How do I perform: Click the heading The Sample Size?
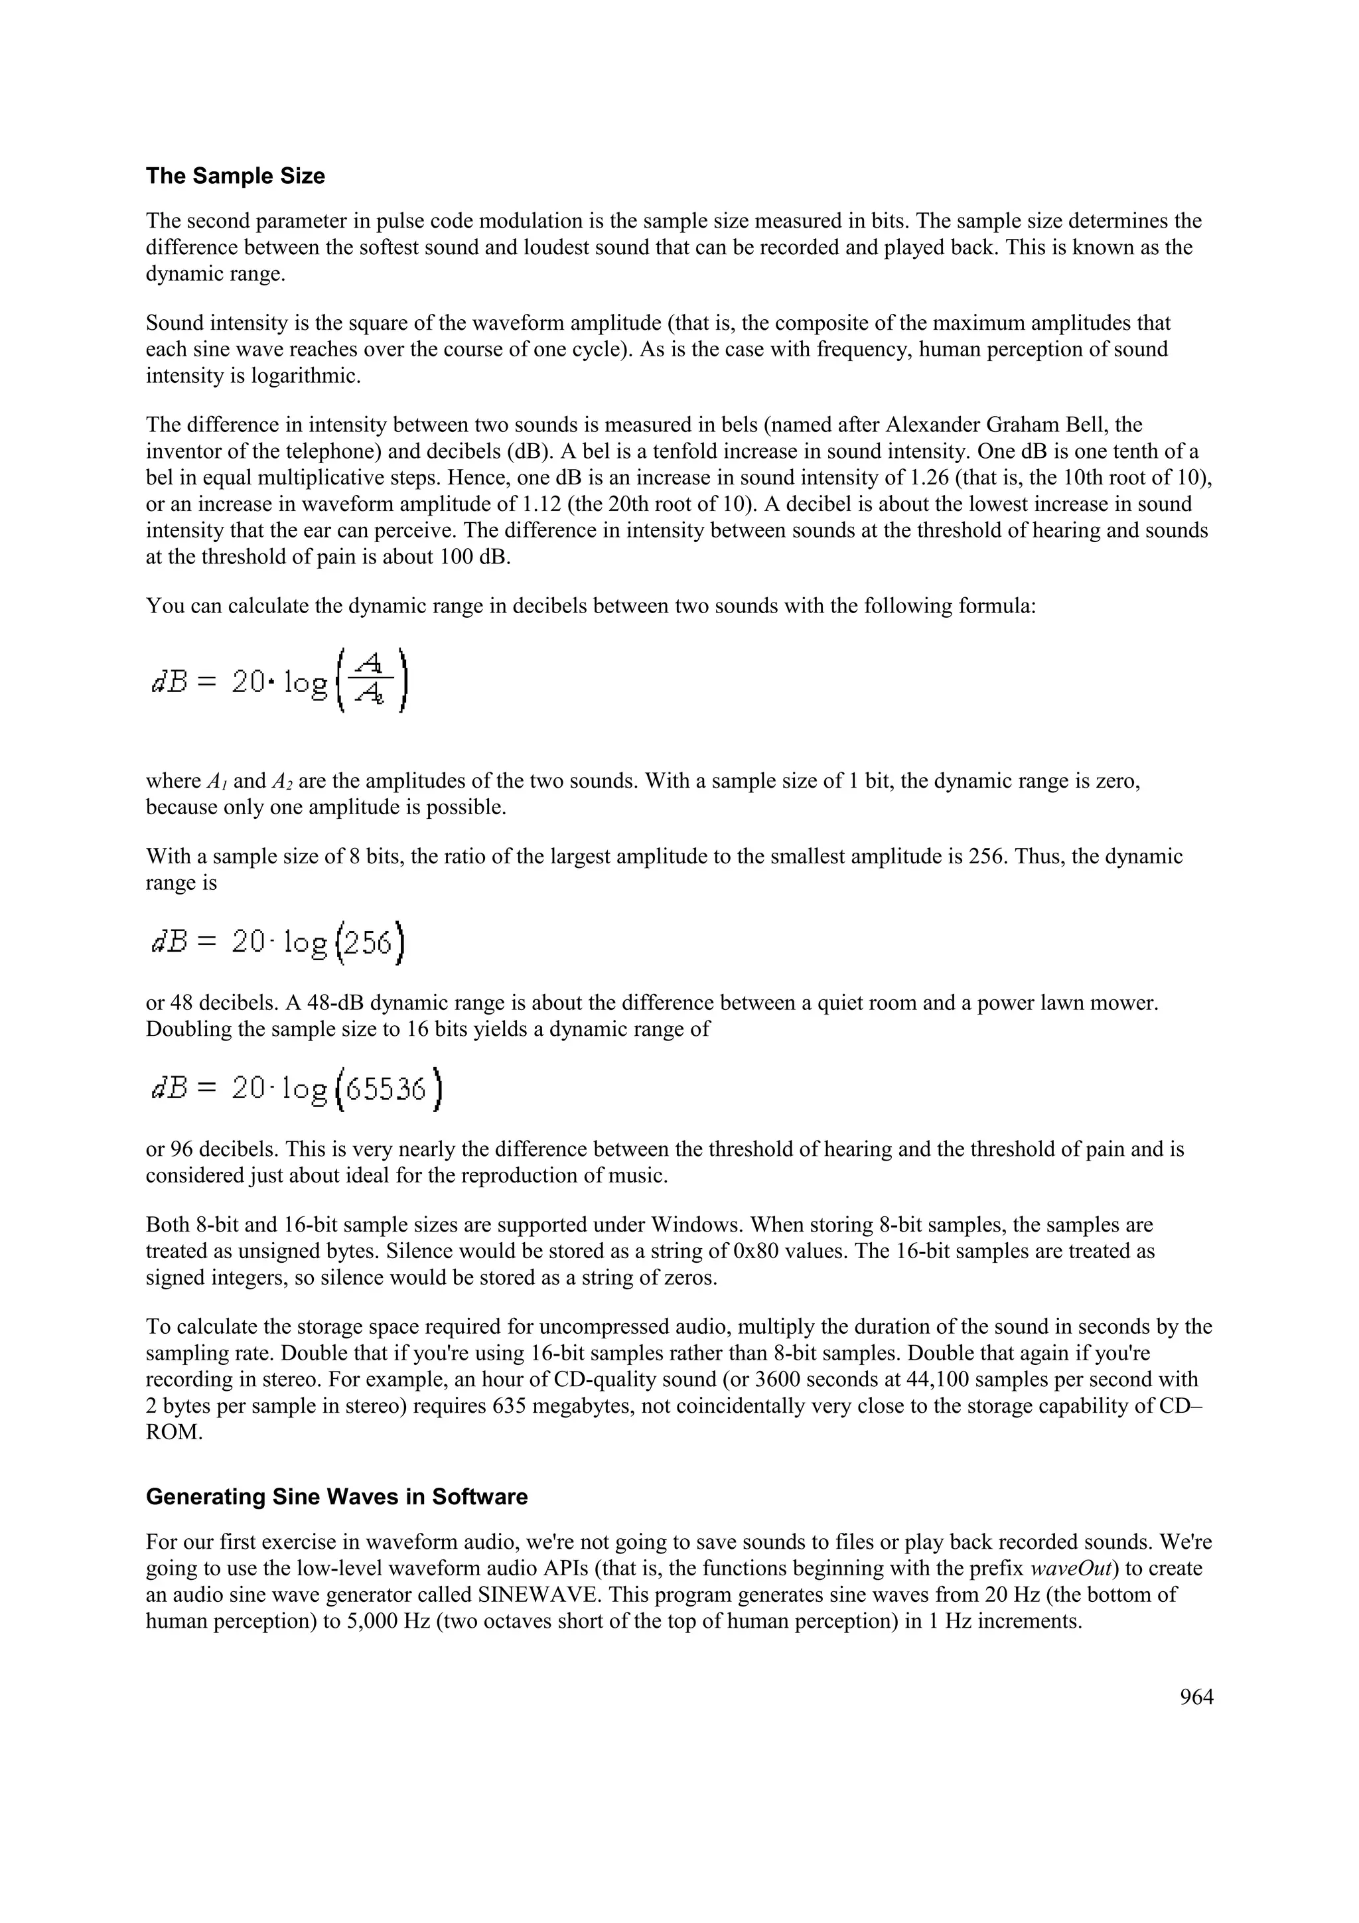(236, 177)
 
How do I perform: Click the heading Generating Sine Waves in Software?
(336, 1497)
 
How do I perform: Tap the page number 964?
(1196, 1697)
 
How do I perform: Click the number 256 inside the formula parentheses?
(368, 943)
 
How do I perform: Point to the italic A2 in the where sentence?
(281, 782)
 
